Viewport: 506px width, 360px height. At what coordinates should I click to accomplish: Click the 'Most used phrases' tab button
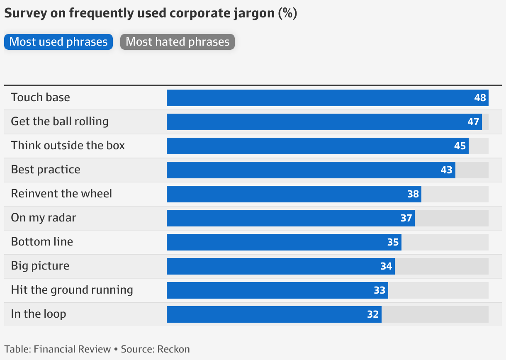click(x=58, y=42)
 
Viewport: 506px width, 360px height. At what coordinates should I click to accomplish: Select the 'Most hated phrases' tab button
click(x=178, y=42)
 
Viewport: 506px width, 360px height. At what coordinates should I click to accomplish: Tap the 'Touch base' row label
click(x=41, y=97)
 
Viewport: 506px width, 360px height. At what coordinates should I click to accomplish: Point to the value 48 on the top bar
click(x=480, y=98)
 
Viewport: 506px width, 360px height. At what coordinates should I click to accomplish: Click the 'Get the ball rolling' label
click(x=60, y=122)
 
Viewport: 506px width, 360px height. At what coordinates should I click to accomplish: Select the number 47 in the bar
click(x=473, y=122)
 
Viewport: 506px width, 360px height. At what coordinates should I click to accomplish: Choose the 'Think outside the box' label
click(x=68, y=146)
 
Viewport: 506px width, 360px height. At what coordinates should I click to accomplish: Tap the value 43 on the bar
click(x=447, y=170)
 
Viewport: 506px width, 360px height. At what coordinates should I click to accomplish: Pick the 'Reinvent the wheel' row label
click(x=61, y=194)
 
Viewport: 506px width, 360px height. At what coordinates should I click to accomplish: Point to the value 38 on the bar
click(x=413, y=194)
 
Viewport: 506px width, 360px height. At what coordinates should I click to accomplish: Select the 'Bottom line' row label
click(x=42, y=242)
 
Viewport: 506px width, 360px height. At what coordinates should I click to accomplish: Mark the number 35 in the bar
click(x=393, y=242)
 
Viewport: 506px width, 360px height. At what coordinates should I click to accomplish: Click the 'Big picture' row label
click(x=40, y=266)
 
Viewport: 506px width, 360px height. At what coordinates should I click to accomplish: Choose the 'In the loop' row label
click(x=39, y=314)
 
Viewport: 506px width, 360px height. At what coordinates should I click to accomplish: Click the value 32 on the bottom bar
click(x=373, y=314)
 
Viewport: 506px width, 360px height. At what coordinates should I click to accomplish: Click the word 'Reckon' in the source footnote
click(x=173, y=349)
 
